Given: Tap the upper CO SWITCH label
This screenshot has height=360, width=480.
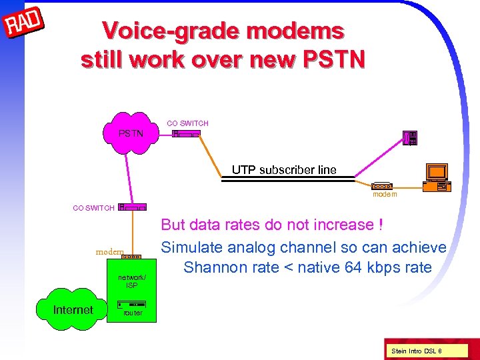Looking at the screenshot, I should click(187, 123).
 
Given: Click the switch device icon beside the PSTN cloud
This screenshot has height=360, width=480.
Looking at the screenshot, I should click(186, 134).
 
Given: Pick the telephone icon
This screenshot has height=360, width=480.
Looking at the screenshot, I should click(411, 138).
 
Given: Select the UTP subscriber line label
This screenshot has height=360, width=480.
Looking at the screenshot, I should click(284, 170).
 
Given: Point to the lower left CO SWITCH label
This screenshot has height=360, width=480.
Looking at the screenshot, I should click(93, 208).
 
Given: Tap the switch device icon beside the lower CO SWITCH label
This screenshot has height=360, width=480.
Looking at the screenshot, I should click(132, 207).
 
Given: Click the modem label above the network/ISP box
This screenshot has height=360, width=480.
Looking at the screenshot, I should click(109, 252).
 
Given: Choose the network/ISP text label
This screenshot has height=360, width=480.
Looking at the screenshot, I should click(132, 281).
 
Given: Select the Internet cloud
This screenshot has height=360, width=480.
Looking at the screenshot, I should click(73, 310).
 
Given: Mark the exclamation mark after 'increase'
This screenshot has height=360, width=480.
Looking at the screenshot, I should click(380, 225).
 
